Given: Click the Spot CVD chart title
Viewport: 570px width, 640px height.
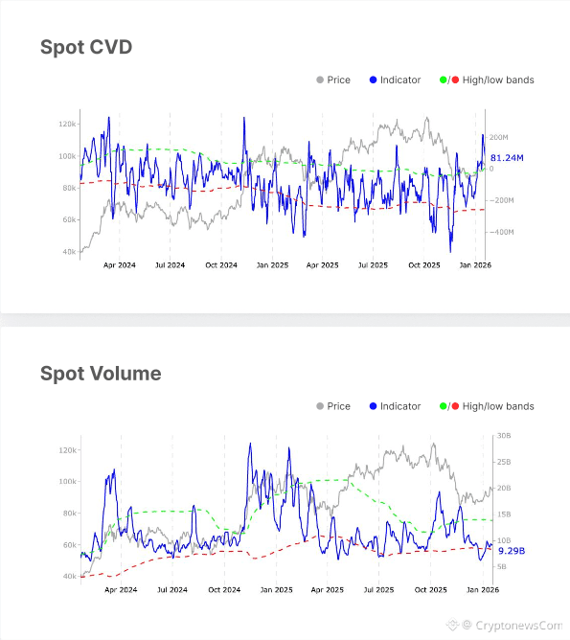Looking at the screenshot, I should point(86,47).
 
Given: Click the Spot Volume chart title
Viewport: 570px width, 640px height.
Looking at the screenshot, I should point(101,374).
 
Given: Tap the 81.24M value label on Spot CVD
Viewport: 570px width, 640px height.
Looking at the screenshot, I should point(507,157).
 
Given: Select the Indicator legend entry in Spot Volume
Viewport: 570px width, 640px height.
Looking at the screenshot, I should point(399,406).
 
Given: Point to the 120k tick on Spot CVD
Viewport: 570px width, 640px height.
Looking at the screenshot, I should point(67,125).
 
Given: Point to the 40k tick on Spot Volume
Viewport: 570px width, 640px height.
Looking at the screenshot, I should point(68,577).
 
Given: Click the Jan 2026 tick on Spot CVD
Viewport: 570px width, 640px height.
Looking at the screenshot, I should point(474,264).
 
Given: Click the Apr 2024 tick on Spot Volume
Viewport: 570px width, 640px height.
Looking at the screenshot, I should point(120,591).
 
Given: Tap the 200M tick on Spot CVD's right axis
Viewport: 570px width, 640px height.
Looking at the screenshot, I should point(500,138).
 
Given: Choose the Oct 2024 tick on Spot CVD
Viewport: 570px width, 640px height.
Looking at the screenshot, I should point(221,264).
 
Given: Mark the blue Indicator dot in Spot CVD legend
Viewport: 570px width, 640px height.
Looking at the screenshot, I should point(373,80).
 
